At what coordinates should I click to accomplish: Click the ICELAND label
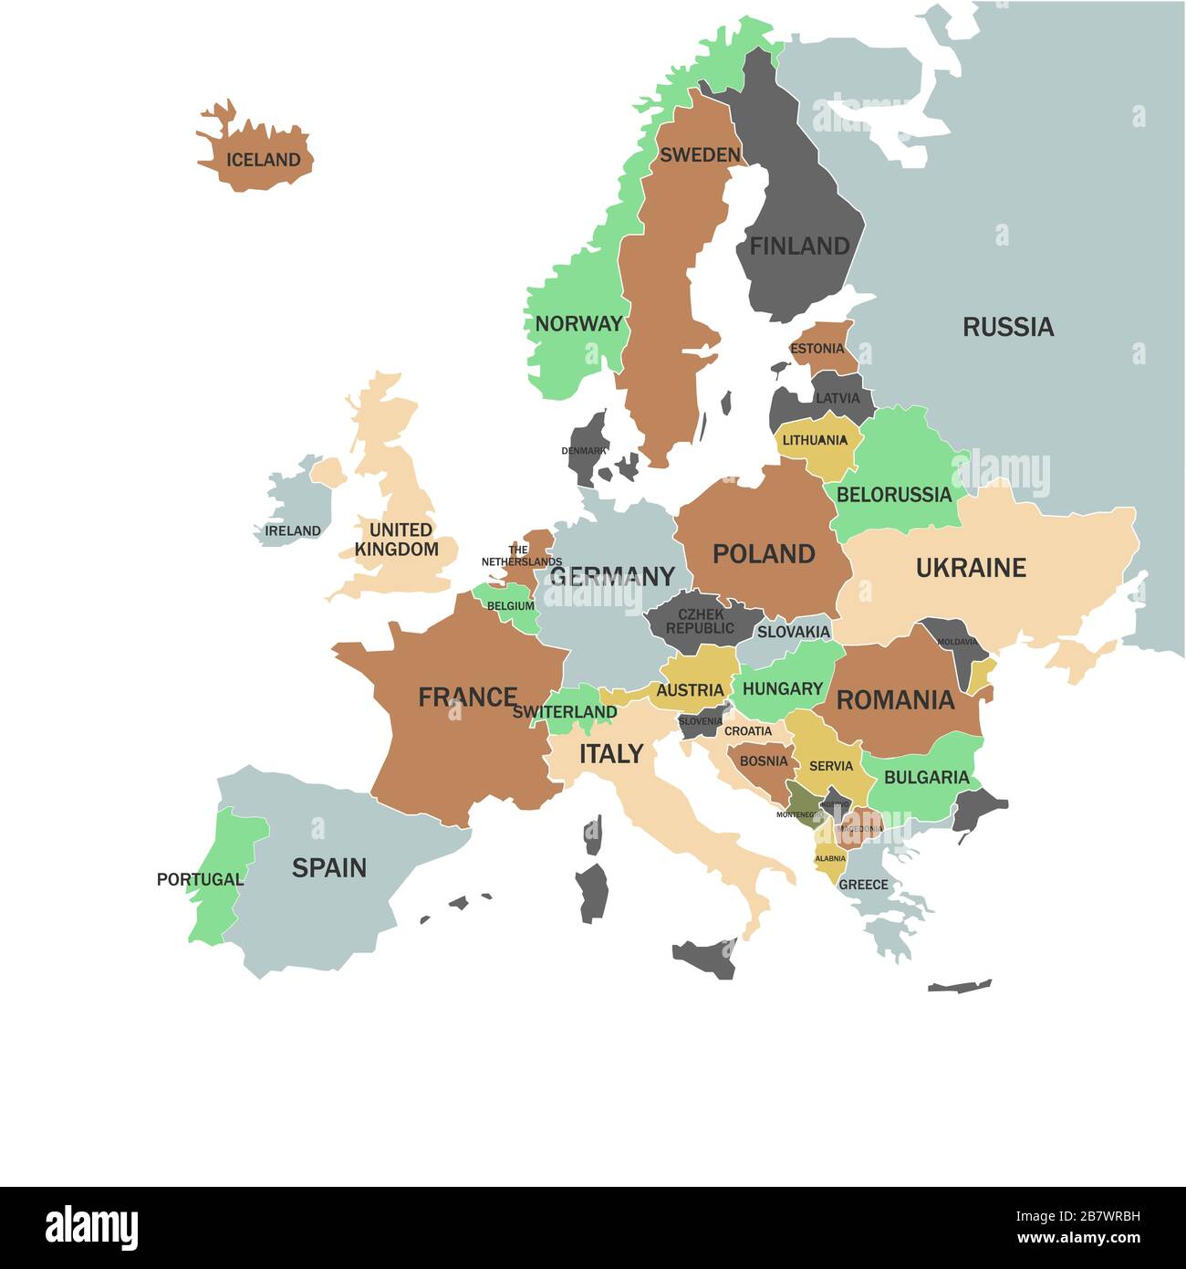point(263,160)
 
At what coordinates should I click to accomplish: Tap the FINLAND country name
point(799,246)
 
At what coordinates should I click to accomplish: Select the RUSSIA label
point(1008,327)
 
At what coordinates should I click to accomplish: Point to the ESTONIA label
point(817,349)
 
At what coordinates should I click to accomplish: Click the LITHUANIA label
point(815,440)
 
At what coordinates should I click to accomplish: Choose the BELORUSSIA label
point(893,495)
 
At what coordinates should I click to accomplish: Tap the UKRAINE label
point(971,568)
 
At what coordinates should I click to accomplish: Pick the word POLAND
point(764,553)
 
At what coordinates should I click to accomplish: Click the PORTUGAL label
point(200,879)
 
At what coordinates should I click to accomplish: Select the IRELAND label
point(293,530)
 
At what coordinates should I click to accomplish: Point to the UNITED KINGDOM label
point(397,540)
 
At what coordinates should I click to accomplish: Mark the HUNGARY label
point(783,688)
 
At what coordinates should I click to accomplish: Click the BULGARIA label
point(926,777)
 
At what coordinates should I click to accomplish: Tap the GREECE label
point(863,885)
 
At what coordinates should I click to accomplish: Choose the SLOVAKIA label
point(793,632)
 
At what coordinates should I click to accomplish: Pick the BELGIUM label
point(510,605)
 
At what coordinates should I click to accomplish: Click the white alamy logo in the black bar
point(91,1228)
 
